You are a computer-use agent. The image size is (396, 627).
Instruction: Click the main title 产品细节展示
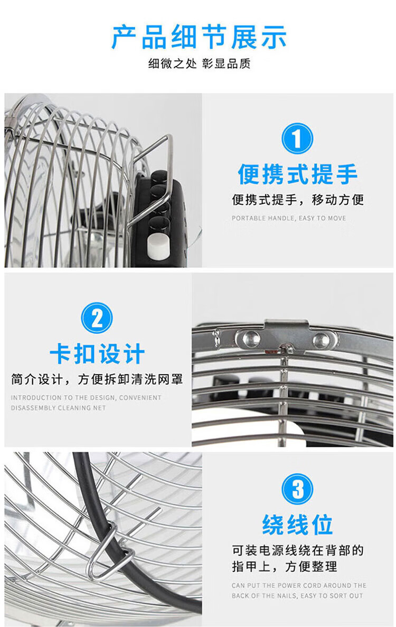click(199, 37)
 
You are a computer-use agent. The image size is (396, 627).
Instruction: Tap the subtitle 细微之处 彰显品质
click(199, 63)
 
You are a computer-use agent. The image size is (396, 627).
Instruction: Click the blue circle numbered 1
click(297, 138)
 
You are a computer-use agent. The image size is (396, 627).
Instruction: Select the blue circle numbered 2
click(97, 318)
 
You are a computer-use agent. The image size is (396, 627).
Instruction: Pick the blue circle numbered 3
click(297, 489)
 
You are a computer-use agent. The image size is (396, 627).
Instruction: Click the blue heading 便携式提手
click(297, 174)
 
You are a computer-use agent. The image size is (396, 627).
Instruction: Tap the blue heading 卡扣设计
click(97, 354)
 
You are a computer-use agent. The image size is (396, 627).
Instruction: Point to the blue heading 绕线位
click(297, 524)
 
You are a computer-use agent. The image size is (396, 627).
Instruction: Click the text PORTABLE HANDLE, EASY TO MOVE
click(289, 218)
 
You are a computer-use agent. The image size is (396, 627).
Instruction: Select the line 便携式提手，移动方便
click(298, 200)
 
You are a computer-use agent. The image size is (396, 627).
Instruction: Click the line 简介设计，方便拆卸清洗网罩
click(97, 379)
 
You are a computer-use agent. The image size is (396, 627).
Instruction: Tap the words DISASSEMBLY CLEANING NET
click(58, 408)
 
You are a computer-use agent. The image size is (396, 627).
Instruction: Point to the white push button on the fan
click(159, 245)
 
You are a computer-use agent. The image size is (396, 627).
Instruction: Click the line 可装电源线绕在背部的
click(298, 550)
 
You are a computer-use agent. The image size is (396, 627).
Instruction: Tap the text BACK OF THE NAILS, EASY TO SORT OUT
click(297, 596)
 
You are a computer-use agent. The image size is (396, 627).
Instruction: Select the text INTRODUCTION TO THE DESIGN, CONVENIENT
click(86, 398)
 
